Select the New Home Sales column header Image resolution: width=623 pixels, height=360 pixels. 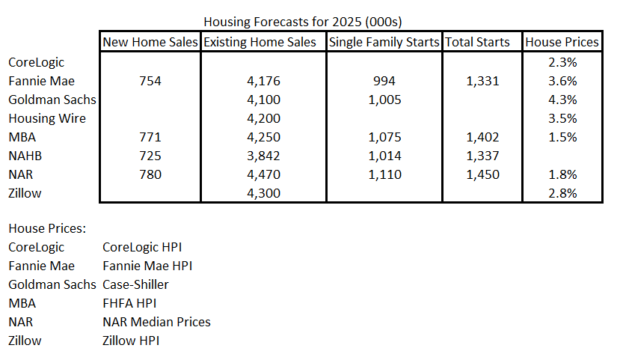click(x=150, y=42)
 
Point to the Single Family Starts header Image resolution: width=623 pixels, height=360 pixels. click(x=384, y=42)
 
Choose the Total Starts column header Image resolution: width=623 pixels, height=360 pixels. click(x=477, y=42)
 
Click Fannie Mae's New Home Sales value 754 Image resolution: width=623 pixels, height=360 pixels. click(x=150, y=81)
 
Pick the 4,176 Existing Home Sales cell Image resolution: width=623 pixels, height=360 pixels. click(x=264, y=81)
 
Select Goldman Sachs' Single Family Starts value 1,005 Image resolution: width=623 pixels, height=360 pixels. click(x=384, y=100)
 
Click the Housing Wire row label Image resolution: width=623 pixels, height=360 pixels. click(x=47, y=118)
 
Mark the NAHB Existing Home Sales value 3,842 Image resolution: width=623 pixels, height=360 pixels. click(x=264, y=156)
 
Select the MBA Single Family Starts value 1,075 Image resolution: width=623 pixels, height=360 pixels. click(x=384, y=137)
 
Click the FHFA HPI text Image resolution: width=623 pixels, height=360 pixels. click(x=129, y=303)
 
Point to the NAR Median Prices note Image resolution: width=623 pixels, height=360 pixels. click(x=156, y=322)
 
